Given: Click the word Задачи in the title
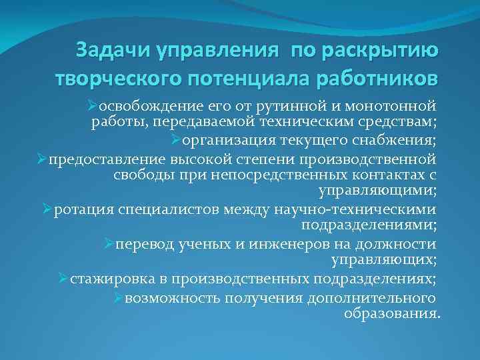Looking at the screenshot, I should (113, 50).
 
